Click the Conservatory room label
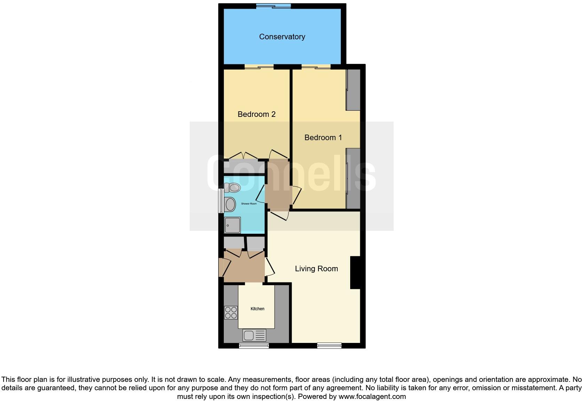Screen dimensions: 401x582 (x=282, y=37)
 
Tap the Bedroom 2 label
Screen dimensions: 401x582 (x=257, y=114)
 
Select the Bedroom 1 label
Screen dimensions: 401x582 (x=323, y=138)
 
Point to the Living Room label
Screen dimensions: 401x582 (x=316, y=269)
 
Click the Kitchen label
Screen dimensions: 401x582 (x=258, y=309)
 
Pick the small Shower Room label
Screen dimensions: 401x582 (x=249, y=203)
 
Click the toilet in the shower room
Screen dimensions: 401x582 (x=232, y=188)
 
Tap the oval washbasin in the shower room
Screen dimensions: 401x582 (x=230, y=204)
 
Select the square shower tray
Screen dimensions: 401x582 (x=232, y=225)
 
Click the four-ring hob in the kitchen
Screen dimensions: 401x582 (x=231, y=312)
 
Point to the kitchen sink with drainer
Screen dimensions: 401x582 (x=254, y=335)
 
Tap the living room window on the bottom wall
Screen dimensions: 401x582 (x=329, y=345)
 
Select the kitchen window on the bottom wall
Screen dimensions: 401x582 (x=254, y=345)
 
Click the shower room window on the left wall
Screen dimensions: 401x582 (x=221, y=201)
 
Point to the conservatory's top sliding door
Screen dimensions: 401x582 (x=274, y=6)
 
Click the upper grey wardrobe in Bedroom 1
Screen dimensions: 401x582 (x=353, y=90)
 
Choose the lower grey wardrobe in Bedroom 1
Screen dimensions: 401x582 (x=353, y=178)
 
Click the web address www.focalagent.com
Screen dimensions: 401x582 (x=372, y=396)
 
